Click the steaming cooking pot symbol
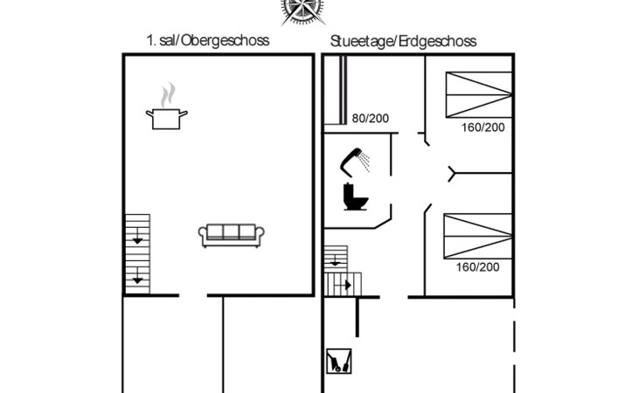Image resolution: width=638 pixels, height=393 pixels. tap(167, 107)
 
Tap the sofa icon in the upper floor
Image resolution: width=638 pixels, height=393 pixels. tap(231, 235)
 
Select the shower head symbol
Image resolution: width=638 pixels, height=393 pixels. tap(355, 162)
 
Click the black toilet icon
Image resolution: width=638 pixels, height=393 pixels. tap(356, 196)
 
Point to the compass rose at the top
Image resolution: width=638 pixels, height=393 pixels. tap(302, 11)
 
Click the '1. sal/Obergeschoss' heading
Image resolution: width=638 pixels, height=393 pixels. tap(207, 41)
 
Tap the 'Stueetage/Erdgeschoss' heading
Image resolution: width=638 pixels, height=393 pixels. tap(403, 41)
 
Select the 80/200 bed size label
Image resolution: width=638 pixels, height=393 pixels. tap(371, 118)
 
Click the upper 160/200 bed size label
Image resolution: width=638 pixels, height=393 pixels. tap(483, 128)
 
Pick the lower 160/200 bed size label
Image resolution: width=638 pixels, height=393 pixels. tap(478, 267)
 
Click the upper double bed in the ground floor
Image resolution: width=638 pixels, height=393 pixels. tap(479, 94)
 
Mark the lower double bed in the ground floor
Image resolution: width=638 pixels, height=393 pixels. tap(478, 236)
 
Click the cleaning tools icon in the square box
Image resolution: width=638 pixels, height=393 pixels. tap(339, 361)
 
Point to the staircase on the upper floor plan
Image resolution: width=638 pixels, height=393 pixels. tap(137, 254)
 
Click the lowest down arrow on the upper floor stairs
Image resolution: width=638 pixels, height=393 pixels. tap(137, 276)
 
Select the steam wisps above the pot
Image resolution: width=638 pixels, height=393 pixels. tap(168, 94)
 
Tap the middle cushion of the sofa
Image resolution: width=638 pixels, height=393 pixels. tap(231, 232)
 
